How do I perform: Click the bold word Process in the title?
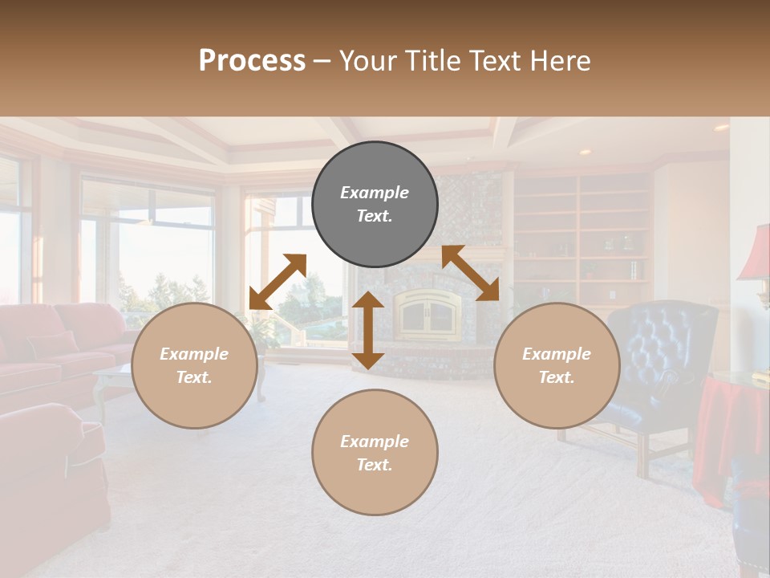click(x=252, y=61)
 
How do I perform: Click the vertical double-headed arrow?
click(x=368, y=330)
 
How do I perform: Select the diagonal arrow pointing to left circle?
click(x=278, y=281)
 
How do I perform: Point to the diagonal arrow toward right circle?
click(x=471, y=273)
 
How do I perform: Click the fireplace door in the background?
click(x=428, y=314)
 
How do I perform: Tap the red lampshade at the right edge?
click(x=756, y=252)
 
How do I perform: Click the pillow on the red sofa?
click(x=53, y=345)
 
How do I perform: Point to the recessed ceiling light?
click(x=585, y=151)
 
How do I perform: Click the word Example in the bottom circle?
click(x=375, y=442)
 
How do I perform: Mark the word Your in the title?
click(x=365, y=61)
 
